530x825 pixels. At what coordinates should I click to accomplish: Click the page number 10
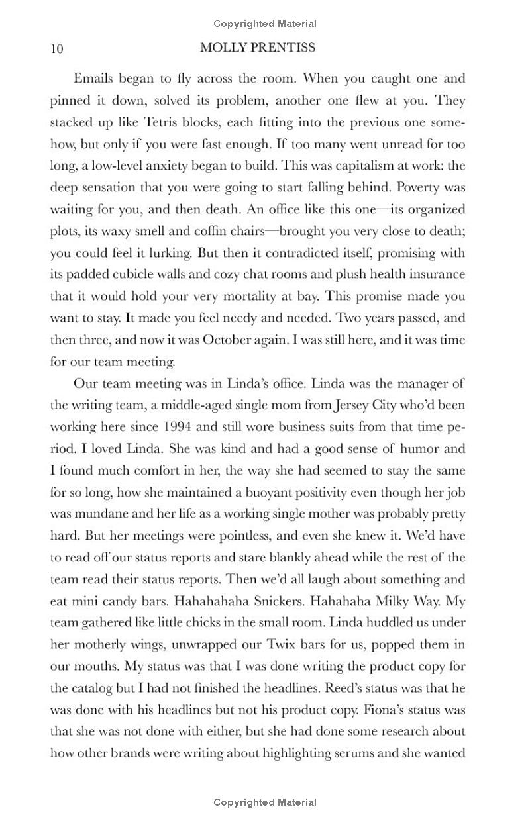pyautogui.click(x=56, y=49)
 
